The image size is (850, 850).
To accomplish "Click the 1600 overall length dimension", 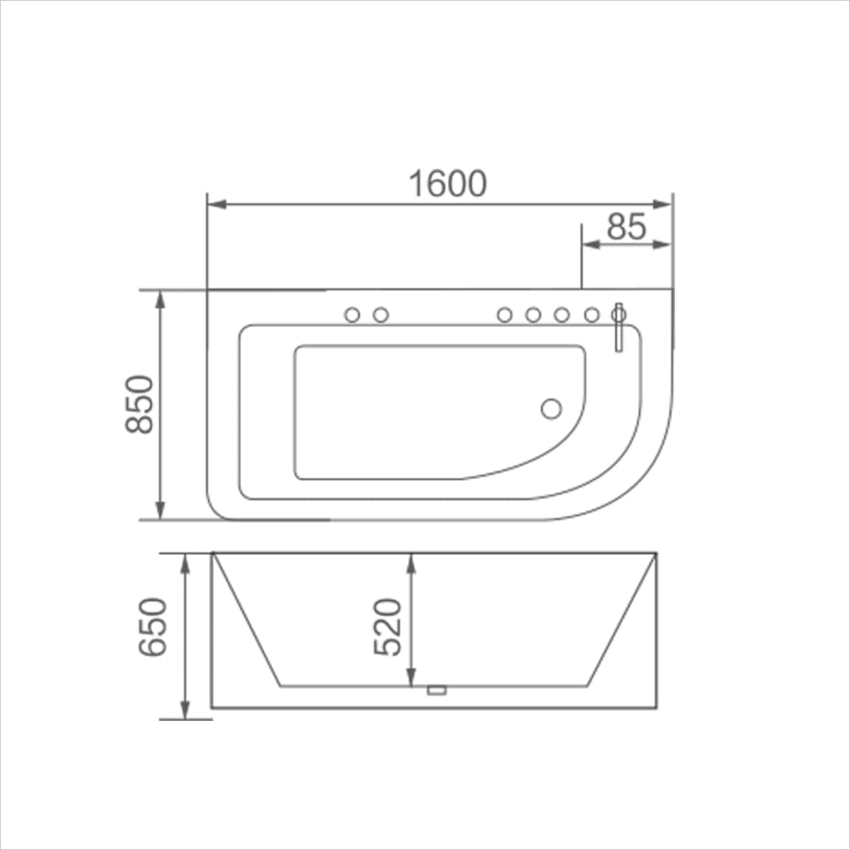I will point(448,184).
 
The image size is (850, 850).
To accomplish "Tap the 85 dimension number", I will point(627,226).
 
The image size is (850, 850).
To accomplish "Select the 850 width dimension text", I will point(140,404).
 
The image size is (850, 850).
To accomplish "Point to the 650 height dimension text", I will point(153,627).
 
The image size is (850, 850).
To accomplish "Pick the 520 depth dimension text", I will point(388,626).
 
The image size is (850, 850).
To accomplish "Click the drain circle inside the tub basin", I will point(552,409).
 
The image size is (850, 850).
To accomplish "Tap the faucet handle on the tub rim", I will point(619,326).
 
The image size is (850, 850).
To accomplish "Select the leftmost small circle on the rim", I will point(352,315).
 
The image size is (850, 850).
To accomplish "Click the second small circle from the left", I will point(381,315).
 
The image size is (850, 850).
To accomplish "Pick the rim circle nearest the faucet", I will point(592,315).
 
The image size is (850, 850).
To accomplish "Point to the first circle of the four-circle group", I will point(504,315).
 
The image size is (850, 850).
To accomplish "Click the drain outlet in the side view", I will point(437,690).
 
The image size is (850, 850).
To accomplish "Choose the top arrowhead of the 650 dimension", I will point(185,560).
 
